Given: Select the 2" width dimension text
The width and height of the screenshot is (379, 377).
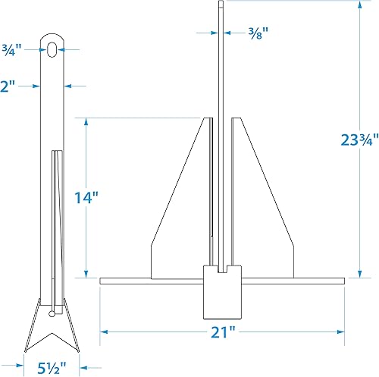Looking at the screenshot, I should click(9, 86).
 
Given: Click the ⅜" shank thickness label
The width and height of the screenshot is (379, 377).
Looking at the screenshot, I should click(258, 33).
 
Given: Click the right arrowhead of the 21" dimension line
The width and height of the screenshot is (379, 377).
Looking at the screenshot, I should click(343, 331).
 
